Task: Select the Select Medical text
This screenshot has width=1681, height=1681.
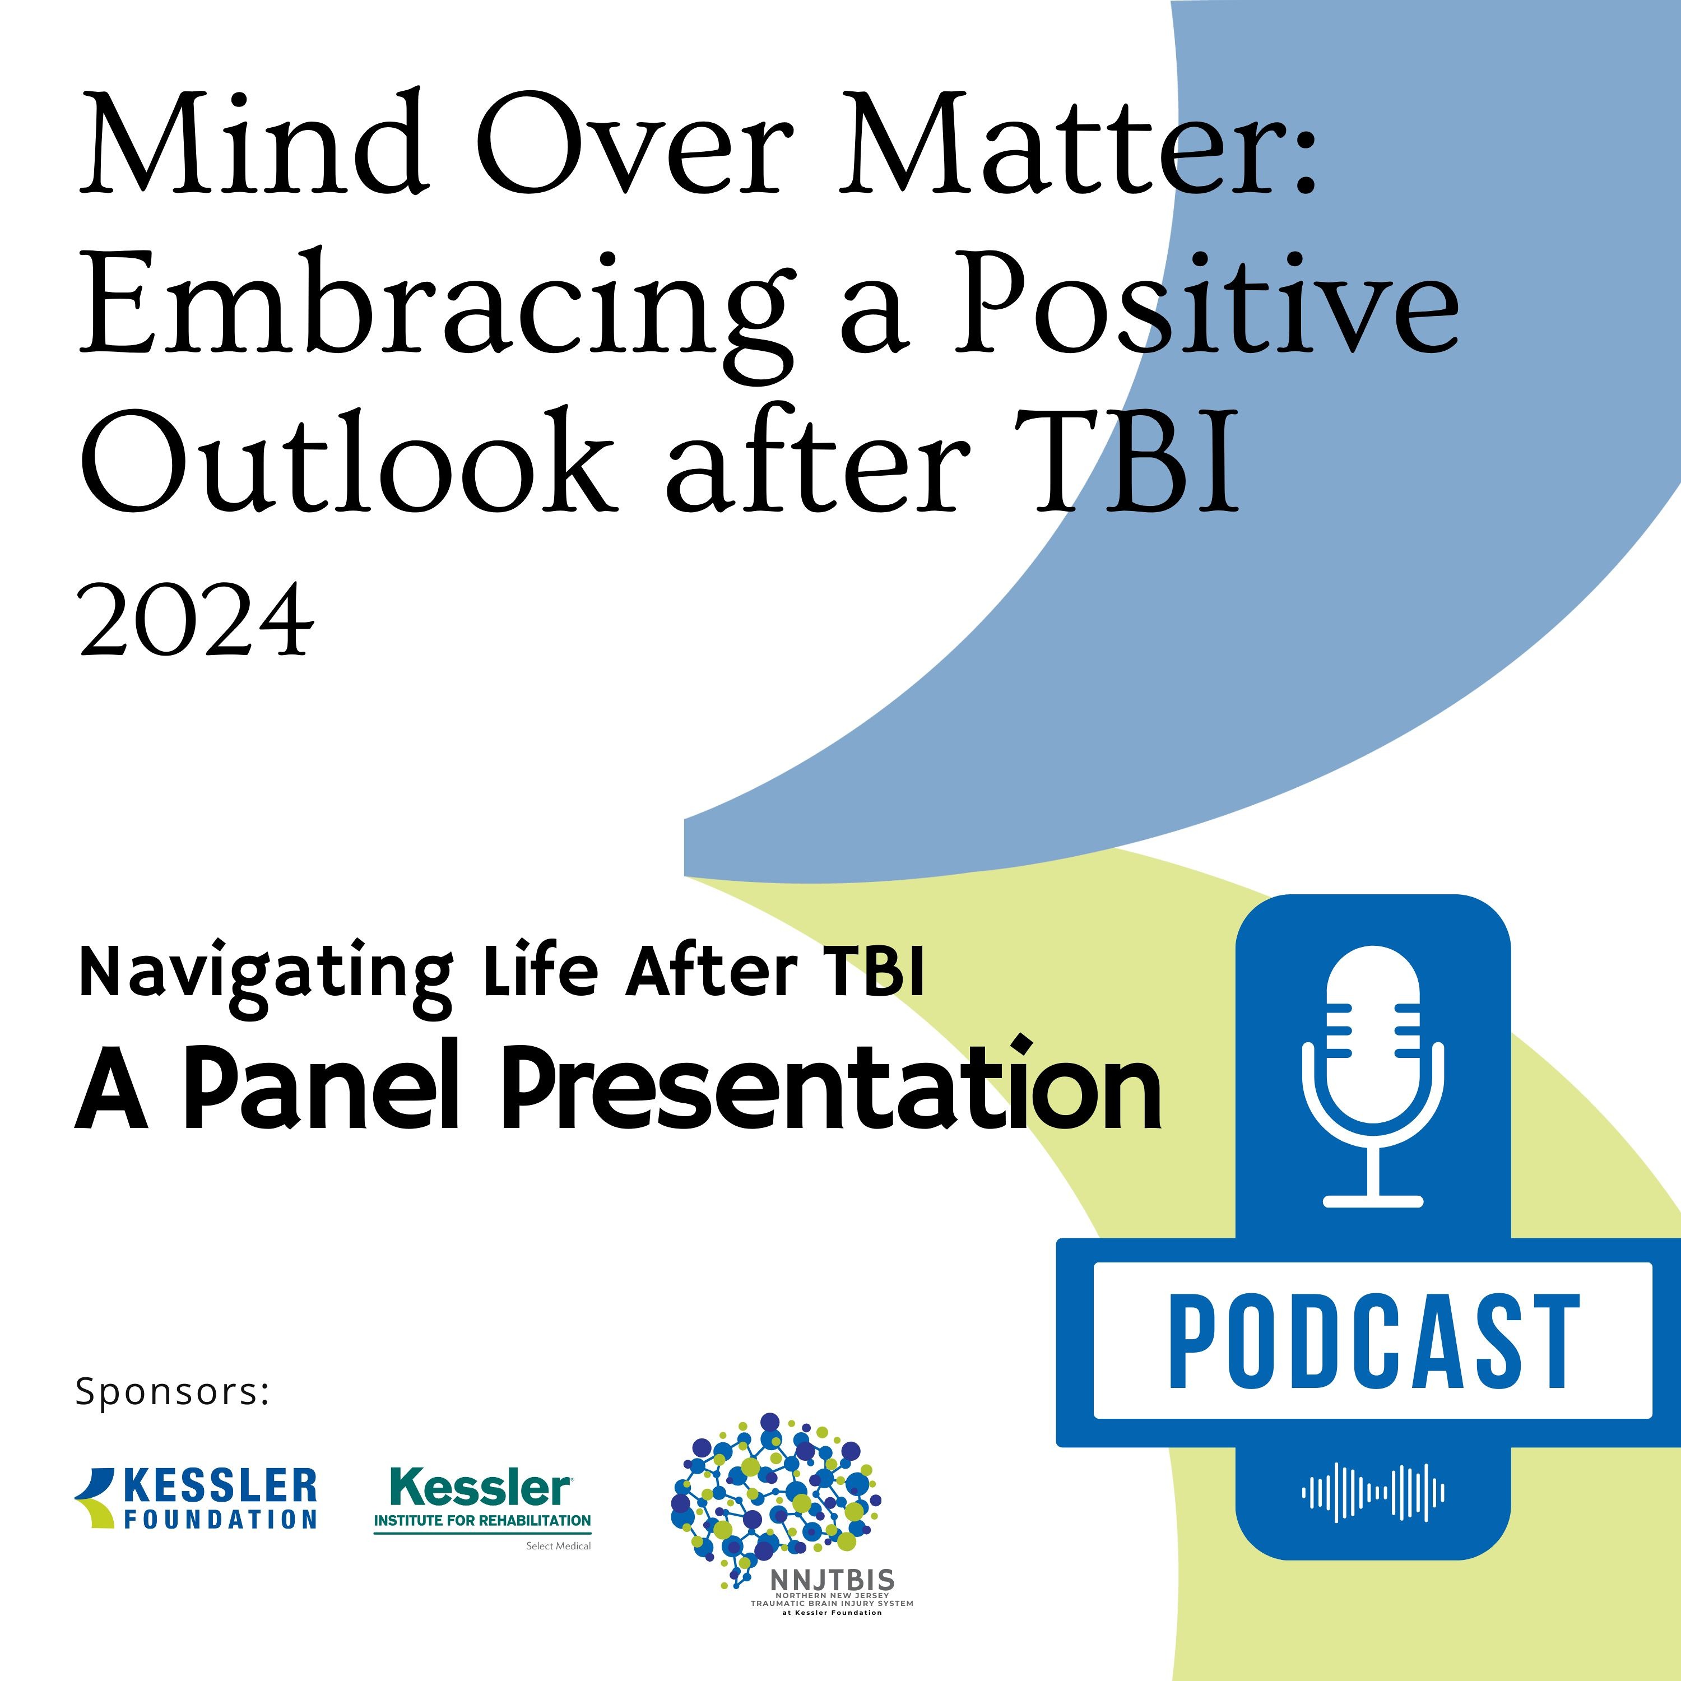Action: tap(559, 1546)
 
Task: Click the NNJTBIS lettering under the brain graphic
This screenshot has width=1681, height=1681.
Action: tap(832, 1579)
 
